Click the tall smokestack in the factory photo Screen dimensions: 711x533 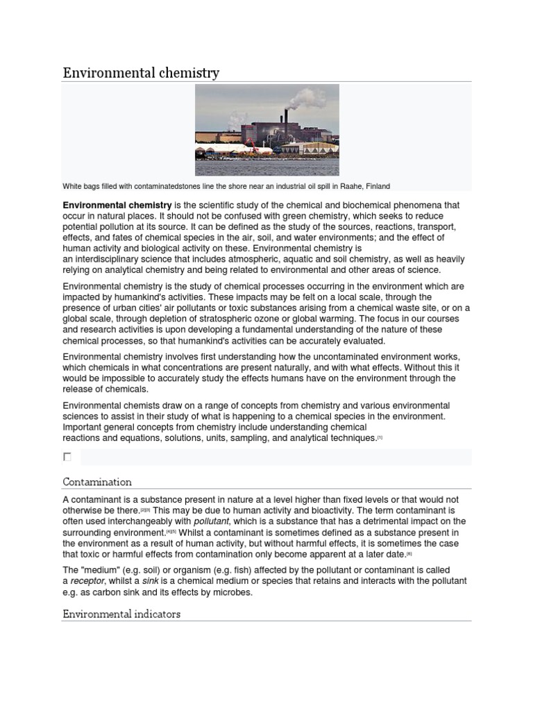(285, 118)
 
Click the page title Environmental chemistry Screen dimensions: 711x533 (141, 73)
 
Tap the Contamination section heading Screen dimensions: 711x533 (97, 481)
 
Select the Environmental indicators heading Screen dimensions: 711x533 (121, 614)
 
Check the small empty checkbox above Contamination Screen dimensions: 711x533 (67, 457)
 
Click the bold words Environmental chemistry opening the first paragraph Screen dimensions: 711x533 (117, 206)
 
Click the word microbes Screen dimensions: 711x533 (232, 592)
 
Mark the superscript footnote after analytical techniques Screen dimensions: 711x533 (380, 437)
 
